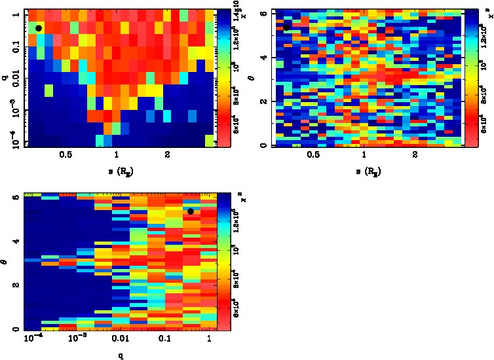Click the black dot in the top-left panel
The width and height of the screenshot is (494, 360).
[39, 28]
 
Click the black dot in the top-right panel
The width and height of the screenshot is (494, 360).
[286, 27]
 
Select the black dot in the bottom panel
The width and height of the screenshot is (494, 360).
[191, 211]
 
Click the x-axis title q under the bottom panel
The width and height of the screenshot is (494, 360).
[121, 355]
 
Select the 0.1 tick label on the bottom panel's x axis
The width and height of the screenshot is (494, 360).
[164, 338]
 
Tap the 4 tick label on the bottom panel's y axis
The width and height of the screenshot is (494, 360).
[14, 242]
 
